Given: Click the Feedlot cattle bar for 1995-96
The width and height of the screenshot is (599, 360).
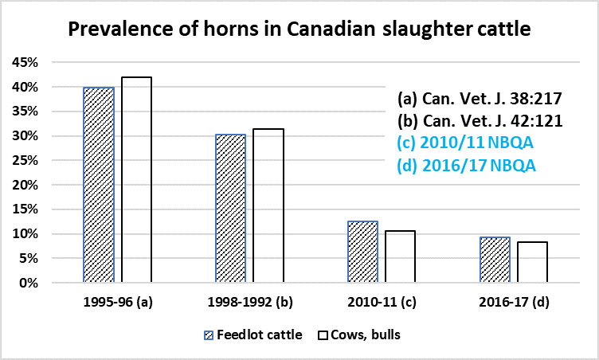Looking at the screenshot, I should pyautogui.click(x=99, y=185).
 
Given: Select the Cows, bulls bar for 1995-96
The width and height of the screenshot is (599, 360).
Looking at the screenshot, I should pyautogui.click(x=136, y=180).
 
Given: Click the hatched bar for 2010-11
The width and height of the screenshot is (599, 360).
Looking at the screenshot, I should pyautogui.click(x=362, y=252).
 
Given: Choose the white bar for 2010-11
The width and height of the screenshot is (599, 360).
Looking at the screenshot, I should pyautogui.click(x=400, y=256).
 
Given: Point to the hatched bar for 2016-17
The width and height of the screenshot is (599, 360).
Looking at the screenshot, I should pyautogui.click(x=495, y=260).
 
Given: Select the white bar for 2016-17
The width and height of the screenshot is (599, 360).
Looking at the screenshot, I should pyautogui.click(x=532, y=262).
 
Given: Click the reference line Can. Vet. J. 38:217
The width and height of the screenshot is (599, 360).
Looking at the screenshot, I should pyautogui.click(x=480, y=100).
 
